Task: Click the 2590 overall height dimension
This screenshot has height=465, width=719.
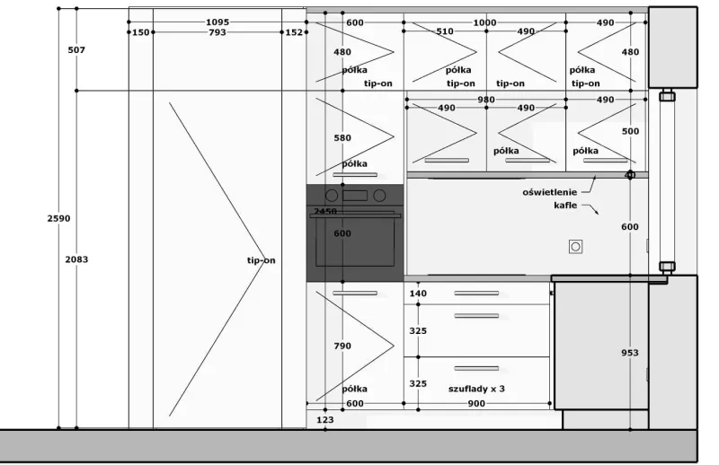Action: click(x=58, y=218)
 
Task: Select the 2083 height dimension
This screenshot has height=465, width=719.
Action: click(x=76, y=259)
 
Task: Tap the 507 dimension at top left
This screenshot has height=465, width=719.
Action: click(x=76, y=50)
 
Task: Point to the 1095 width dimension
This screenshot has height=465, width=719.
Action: click(x=217, y=22)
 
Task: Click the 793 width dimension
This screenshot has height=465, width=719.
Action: click(x=217, y=32)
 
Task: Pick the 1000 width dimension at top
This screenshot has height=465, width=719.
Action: click(x=484, y=22)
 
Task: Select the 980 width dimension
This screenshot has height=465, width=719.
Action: click(x=486, y=100)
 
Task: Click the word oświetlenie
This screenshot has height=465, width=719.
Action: click(x=550, y=192)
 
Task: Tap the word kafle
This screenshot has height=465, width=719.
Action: click(x=565, y=205)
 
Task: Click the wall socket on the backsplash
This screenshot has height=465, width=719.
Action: click(x=575, y=247)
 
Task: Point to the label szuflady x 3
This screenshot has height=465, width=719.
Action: click(x=476, y=389)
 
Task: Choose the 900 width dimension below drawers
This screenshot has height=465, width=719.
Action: click(x=476, y=404)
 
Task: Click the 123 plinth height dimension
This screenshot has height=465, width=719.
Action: click(x=325, y=419)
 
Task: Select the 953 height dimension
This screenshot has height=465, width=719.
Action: click(x=630, y=353)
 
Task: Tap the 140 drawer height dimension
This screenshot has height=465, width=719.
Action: click(x=418, y=294)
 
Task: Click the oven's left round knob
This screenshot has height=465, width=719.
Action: click(x=332, y=196)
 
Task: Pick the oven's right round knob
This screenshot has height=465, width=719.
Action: click(x=379, y=196)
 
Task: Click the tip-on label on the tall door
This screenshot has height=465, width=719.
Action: click(x=262, y=260)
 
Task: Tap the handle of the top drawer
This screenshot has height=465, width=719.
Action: click(x=476, y=294)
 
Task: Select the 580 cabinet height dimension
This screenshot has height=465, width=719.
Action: click(x=342, y=138)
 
